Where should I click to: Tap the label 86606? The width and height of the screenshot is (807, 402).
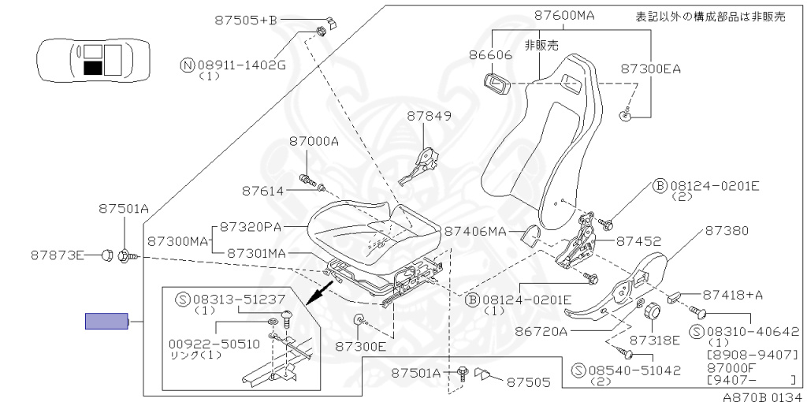coord(491,55)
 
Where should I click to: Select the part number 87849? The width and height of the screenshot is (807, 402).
coord(429,116)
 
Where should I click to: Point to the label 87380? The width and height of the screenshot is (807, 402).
coord(727,231)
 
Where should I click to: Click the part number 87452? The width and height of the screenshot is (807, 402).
coord(638,241)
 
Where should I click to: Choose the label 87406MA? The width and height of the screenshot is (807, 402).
coord(475,232)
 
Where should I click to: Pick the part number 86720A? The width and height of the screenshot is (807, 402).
coord(541,332)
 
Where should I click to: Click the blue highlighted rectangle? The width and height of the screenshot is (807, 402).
coord(106,321)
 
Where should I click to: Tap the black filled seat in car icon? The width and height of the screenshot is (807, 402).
coord(92,68)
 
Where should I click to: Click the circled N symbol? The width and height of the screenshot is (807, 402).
coord(187,65)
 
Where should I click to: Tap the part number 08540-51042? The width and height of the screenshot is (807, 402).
coord(628,369)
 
